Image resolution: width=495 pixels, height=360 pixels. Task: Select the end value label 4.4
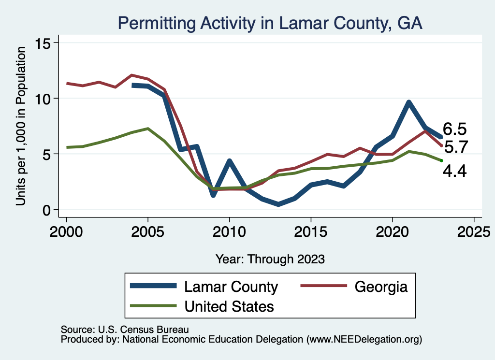[454, 171]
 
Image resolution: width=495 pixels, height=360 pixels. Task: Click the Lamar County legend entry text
[231, 287]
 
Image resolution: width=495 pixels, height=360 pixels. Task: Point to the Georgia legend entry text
[381, 287]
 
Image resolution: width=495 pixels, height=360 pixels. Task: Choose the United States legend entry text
[229, 306]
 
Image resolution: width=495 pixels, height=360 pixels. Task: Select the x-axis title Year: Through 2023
[270, 259]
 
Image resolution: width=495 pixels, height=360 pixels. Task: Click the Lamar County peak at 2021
[408, 102]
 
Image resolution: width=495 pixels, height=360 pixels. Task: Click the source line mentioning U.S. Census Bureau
[124, 329]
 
